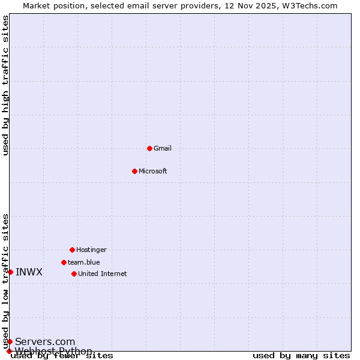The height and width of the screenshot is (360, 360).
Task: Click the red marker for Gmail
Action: coord(149,148)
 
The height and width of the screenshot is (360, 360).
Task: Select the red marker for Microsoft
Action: coord(134,171)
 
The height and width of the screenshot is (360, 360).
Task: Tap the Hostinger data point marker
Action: coord(72,250)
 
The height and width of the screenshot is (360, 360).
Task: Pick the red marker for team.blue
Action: coord(64,262)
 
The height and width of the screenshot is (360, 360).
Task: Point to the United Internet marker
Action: coord(74,274)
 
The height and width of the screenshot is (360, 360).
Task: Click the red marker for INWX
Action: coord(10,272)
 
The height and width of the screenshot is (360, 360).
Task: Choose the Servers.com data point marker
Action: coord(10,341)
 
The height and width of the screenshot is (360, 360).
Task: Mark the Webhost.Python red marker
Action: coord(9,351)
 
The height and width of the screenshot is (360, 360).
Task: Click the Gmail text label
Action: coord(163,148)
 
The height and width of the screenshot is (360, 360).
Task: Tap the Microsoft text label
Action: coord(153,171)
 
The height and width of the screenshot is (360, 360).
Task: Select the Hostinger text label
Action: coord(91,250)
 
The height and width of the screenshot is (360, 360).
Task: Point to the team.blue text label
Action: coord(84,262)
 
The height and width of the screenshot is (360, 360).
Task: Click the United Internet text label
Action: coord(103,274)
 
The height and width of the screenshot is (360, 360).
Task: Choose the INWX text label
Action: coord(29,272)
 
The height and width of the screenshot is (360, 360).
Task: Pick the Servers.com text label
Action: coord(45,341)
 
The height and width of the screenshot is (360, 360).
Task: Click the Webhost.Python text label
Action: coord(54,351)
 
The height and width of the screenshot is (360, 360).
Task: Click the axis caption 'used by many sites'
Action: coord(301,355)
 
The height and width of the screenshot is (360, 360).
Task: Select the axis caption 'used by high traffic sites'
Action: coord(5,85)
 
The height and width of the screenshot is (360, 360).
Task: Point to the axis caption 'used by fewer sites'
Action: coord(62,356)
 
